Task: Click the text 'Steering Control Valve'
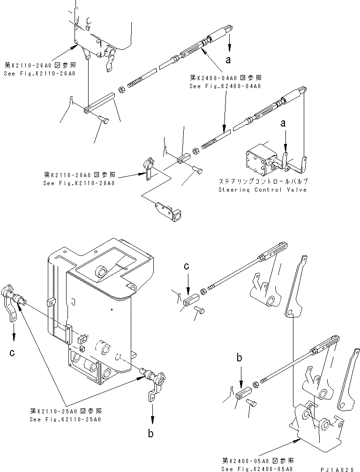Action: (262, 190)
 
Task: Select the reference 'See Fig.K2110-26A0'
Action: (40, 74)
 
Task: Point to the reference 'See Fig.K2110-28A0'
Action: (80, 183)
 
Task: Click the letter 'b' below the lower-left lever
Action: (151, 434)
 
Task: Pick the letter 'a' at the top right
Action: (228, 60)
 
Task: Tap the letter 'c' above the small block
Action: (186, 266)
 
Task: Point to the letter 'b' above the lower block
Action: (239, 359)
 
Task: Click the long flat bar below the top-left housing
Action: (99, 103)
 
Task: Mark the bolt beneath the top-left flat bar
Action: (105, 120)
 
